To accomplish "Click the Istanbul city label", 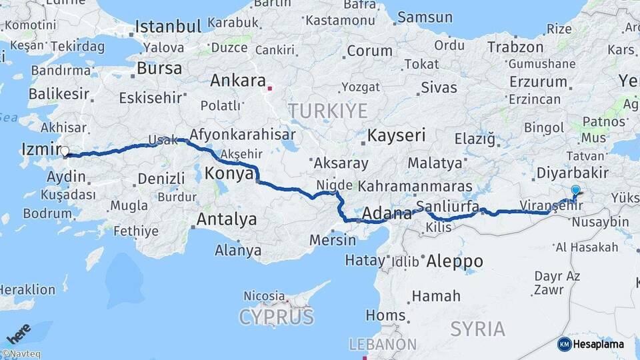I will [x=168, y=27].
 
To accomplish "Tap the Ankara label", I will [x=237, y=81].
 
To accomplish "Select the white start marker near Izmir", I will [x=65, y=151].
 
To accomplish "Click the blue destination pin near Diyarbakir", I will [x=575, y=190].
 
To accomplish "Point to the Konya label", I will [x=229, y=173].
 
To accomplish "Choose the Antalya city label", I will [x=227, y=219].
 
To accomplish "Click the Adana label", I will [x=387, y=214].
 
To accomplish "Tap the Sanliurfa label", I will [x=443, y=205].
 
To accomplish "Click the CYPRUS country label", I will [x=276, y=315].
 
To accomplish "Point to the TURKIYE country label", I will [x=327, y=110].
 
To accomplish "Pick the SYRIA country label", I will [x=478, y=328].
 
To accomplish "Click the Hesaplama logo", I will [x=591, y=344].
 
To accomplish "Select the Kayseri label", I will [x=396, y=135].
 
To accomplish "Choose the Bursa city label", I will [x=159, y=68].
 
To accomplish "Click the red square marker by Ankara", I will [x=269, y=87].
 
